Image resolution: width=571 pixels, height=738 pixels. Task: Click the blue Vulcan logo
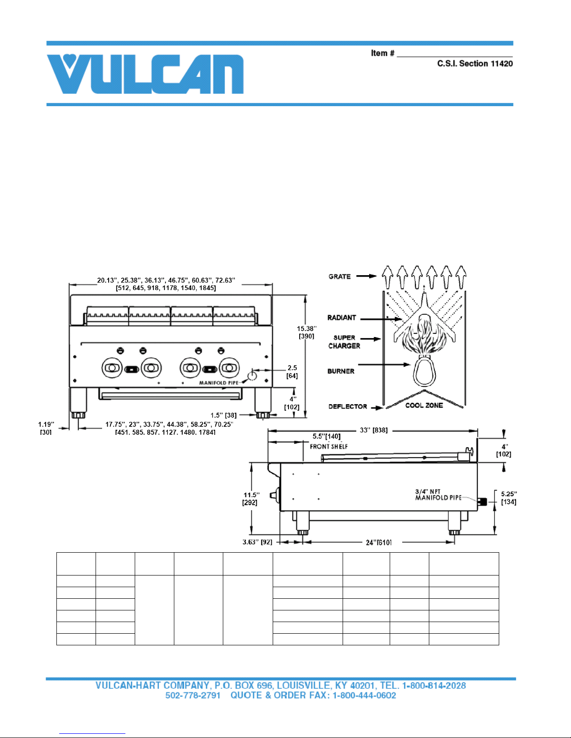[x=145, y=74]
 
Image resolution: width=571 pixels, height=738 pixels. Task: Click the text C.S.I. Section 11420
[x=475, y=63]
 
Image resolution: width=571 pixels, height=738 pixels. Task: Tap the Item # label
[x=383, y=53]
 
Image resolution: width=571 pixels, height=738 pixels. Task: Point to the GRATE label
[x=339, y=277]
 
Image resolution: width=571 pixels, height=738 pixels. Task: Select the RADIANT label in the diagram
[x=342, y=318]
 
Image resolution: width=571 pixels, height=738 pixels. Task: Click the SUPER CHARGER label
[x=344, y=342]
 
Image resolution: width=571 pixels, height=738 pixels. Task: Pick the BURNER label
[x=341, y=371]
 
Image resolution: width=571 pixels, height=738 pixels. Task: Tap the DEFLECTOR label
[x=348, y=406]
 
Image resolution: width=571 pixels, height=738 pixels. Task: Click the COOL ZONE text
[x=424, y=405]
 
